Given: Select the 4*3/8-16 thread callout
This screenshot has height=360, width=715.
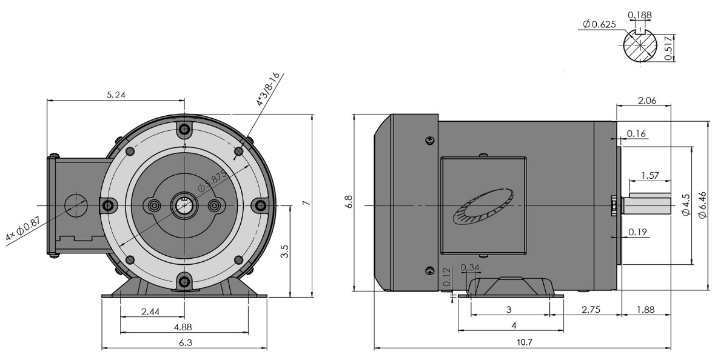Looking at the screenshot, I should click(267, 90).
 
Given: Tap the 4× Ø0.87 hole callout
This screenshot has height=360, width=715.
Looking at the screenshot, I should click(22, 230).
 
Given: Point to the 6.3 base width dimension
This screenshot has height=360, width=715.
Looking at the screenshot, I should click(184, 342).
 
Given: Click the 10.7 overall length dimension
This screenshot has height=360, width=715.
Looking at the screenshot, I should click(523, 342).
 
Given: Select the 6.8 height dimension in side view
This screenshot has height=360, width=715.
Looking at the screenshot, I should click(347, 201).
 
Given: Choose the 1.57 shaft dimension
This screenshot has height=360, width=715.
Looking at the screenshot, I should click(650, 176).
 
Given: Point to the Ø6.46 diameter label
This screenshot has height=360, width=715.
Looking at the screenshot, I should click(702, 205).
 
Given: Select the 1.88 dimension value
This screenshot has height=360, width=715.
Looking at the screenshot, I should click(646, 310).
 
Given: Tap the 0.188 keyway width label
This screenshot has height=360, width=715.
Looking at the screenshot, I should click(636, 15).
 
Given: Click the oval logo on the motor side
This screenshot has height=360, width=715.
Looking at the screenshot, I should click(483, 207).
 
